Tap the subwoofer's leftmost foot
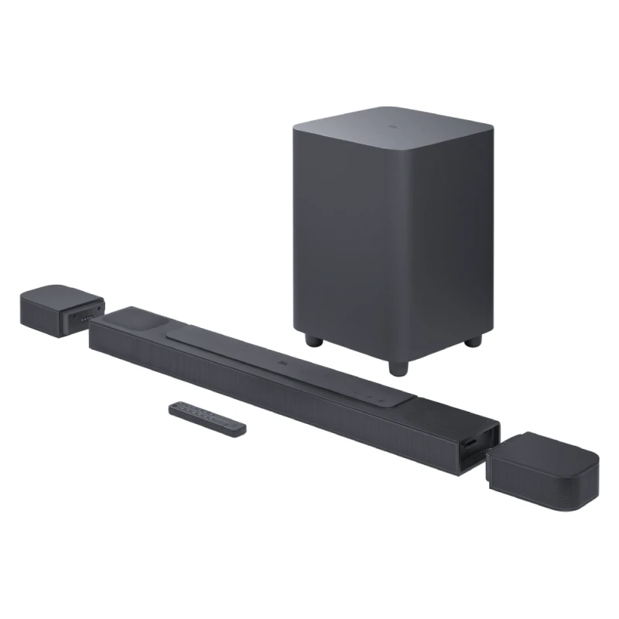coord(312,340)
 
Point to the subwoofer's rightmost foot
coord(474,340)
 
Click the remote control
coord(208,416)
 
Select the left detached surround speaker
coord(62,306)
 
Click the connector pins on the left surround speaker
coord(87,316)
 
